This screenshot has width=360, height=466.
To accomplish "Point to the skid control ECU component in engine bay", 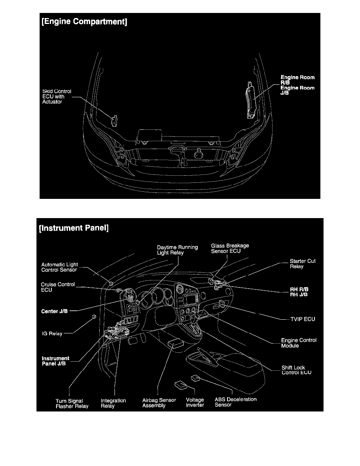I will (115, 121).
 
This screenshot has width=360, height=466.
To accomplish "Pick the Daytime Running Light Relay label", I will (177, 250).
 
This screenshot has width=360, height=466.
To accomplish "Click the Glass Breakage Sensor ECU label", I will (230, 248).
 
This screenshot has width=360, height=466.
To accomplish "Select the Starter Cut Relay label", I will (302, 264).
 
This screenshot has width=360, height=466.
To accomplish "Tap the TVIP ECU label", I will (302, 319).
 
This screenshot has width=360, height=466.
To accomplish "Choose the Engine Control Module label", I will (298, 343).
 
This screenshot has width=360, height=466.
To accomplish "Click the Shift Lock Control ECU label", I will (296, 370).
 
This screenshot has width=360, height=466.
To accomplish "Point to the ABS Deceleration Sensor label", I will (235, 402).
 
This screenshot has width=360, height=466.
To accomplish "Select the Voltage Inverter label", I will (195, 402).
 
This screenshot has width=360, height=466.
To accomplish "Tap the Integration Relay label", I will (113, 403).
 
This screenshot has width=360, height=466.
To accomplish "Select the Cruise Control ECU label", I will (58, 287).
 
